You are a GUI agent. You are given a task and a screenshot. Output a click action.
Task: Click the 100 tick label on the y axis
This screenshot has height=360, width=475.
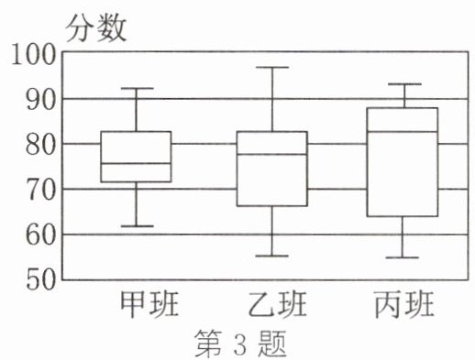[34, 54]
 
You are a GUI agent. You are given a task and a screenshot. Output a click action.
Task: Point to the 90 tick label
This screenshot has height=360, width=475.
[41, 100]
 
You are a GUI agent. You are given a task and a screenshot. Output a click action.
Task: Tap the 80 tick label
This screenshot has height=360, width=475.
[41, 146]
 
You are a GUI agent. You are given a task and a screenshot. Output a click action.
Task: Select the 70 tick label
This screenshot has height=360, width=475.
[41, 191]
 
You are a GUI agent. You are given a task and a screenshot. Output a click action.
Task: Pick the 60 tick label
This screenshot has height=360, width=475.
[41, 235]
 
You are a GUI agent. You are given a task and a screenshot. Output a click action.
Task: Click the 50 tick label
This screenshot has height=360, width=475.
[41, 280]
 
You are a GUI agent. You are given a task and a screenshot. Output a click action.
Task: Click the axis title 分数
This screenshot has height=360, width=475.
[96, 28]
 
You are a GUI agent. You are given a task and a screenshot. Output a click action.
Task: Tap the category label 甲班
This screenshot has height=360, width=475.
[149, 304]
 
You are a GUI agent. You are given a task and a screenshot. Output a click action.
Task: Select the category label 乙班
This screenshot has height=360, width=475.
[277, 304]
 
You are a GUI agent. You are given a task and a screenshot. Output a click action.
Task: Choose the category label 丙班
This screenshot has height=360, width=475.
[404, 304]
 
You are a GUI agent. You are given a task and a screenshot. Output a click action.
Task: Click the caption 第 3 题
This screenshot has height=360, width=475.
[240, 344]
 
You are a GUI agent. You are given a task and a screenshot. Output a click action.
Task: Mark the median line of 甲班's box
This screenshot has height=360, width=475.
[136, 163]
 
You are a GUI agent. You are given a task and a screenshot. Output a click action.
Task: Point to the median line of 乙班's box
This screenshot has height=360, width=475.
[272, 154]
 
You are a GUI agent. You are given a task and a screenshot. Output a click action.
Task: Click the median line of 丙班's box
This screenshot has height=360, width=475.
[403, 132]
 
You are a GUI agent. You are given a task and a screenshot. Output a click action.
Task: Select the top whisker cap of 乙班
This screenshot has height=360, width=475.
[272, 67]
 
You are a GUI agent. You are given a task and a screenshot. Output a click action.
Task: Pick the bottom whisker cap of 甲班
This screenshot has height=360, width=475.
[138, 226]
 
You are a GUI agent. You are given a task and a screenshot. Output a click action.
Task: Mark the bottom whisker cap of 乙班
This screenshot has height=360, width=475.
[272, 256]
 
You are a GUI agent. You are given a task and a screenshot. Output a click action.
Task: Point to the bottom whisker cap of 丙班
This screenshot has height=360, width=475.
[403, 257]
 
